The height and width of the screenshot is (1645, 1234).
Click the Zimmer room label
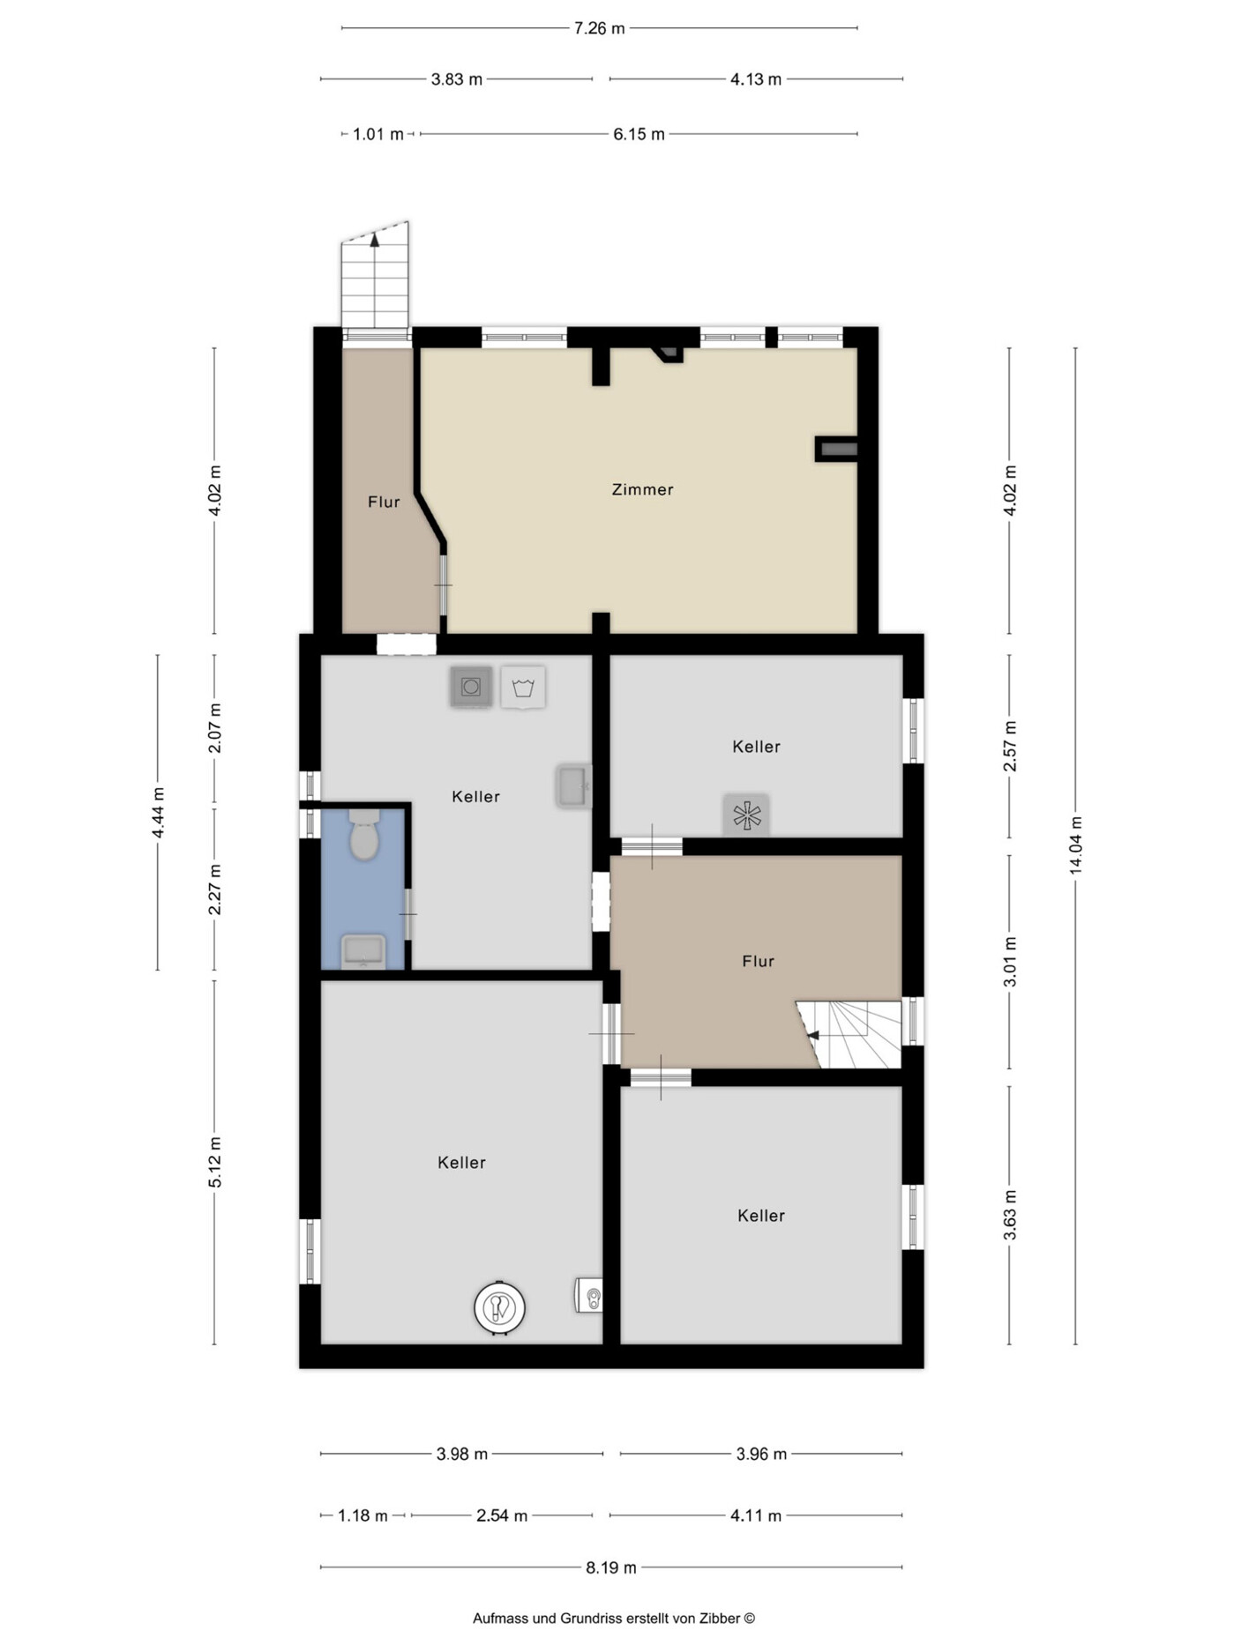[642, 489]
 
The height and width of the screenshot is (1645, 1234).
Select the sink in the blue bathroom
[363, 951]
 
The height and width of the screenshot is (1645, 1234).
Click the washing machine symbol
[471, 687]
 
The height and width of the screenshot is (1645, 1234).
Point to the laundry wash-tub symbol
[523, 687]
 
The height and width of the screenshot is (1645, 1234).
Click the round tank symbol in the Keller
[499, 1307]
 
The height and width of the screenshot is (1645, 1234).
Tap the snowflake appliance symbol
[746, 815]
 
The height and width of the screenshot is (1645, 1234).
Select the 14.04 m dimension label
[1076, 845]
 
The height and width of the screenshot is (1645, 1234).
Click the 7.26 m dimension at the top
[599, 28]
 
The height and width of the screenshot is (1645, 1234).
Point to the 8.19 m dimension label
[610, 1567]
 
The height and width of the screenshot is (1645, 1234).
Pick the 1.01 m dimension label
[378, 134]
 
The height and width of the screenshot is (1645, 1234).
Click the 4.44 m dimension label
[158, 813]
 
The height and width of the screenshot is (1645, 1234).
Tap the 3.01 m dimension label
[1010, 961]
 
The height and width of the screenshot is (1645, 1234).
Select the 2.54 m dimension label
[501, 1515]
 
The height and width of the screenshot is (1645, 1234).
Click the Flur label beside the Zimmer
[384, 502]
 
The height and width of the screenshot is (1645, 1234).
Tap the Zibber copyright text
[614, 1618]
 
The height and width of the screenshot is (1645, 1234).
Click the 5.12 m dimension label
[215, 1162]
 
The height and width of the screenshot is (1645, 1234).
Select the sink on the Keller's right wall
[572, 786]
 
